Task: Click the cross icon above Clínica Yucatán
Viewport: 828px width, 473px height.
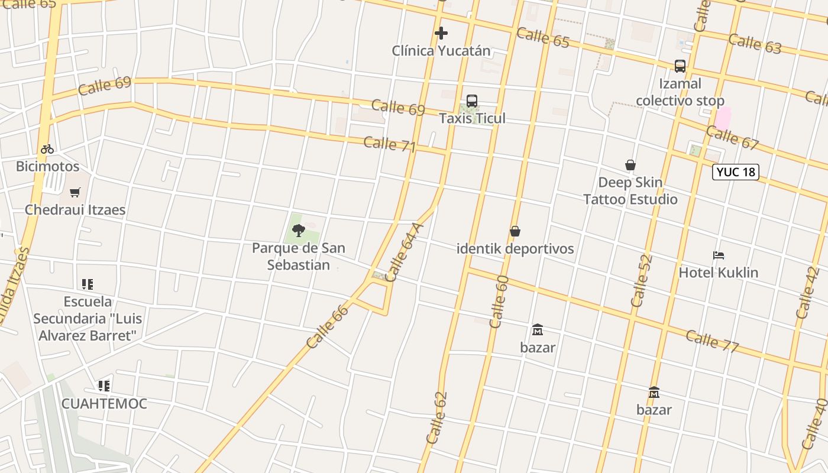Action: point(441,33)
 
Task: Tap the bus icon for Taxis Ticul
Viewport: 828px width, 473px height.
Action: point(472,101)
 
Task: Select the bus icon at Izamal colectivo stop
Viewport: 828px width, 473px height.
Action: point(680,66)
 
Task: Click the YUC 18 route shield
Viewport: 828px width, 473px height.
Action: point(735,172)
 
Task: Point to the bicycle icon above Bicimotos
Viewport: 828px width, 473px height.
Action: point(47,149)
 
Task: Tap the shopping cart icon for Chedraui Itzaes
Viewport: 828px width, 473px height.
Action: point(75,192)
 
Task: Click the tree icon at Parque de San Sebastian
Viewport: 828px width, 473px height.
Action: point(299,231)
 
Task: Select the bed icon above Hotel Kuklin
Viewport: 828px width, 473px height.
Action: point(719,255)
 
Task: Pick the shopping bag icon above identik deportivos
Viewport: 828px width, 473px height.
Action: point(515,231)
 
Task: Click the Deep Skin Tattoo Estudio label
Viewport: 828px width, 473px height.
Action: point(630,190)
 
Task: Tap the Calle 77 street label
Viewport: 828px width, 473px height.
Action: point(712,341)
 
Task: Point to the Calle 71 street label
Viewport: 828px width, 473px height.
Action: point(390,144)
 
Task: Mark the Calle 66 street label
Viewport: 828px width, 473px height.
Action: point(328,326)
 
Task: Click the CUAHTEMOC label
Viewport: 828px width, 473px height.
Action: point(104,404)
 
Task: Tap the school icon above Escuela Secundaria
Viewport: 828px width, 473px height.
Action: point(88,284)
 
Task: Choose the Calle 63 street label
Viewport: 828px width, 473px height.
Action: point(755,44)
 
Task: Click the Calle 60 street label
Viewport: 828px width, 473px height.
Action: point(499,302)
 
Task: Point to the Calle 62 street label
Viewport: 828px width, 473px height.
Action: point(437,417)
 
